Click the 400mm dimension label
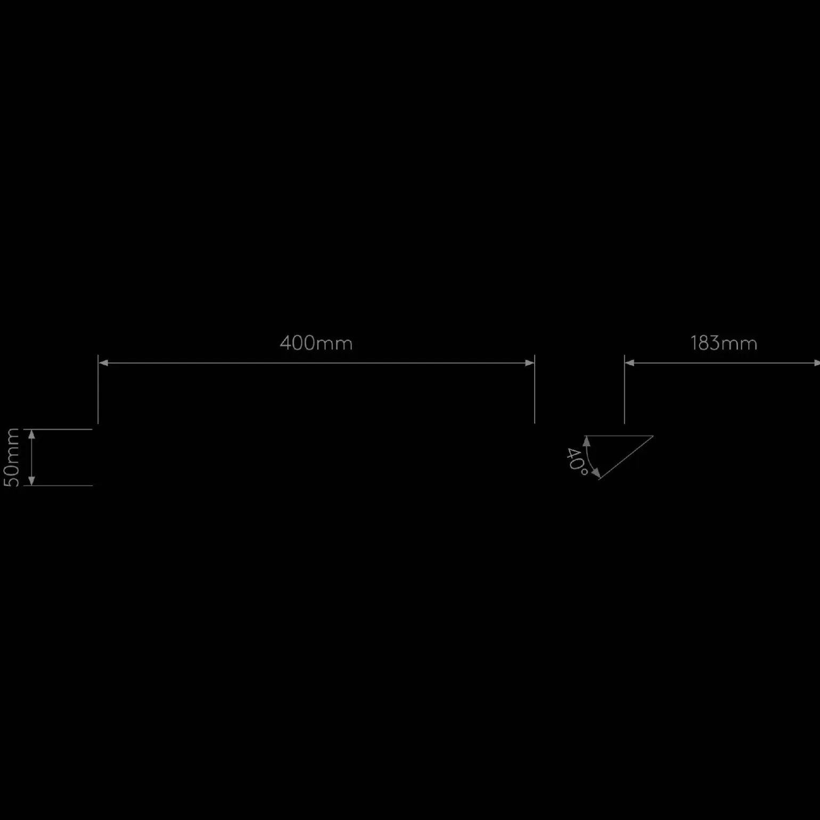coord(316,343)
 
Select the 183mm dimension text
coord(724,343)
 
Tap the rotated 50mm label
coord(12,457)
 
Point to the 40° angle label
coord(576,461)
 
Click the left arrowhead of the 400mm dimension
coord(103,363)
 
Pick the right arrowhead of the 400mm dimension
coord(529,363)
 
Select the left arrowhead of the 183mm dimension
coord(629,363)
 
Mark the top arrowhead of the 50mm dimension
coord(31,434)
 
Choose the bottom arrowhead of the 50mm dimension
coord(31,480)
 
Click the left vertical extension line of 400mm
coord(98,389)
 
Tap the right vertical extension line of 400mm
coord(535,389)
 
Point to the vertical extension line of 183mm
coord(625,389)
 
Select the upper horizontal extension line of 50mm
coord(58,429)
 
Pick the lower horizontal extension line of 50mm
coord(58,486)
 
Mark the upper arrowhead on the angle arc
coord(587,441)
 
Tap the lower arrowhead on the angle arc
coord(597,473)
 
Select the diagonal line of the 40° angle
coord(626,458)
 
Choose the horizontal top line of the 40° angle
coord(619,436)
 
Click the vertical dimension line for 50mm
coord(31,457)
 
